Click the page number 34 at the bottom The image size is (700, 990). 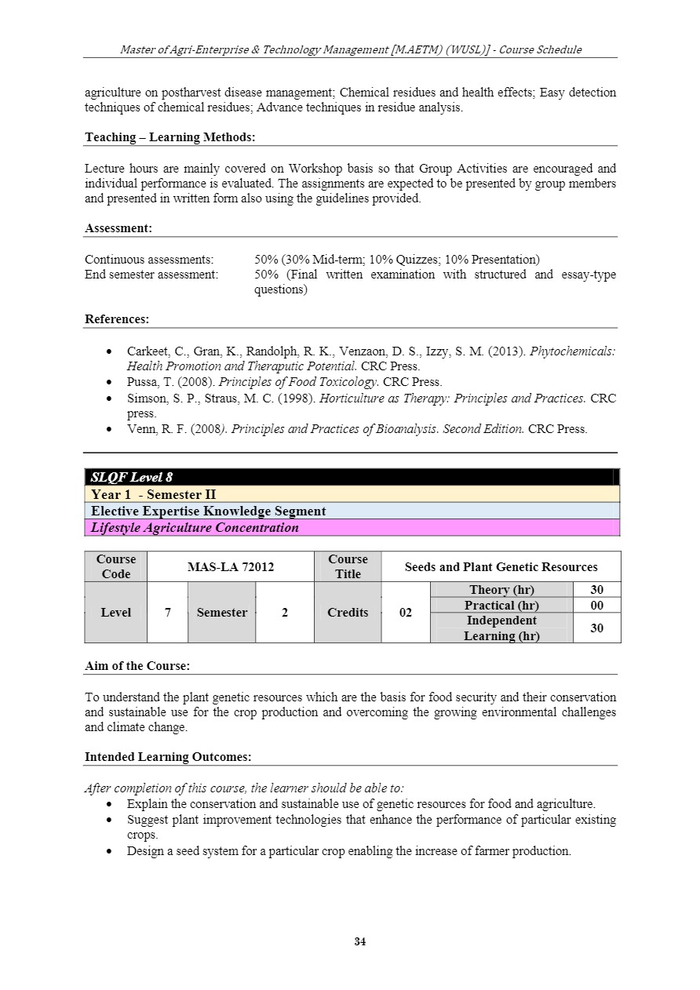[x=360, y=941]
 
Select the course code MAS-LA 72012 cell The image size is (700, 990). [x=231, y=566]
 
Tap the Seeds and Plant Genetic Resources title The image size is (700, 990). [x=501, y=566]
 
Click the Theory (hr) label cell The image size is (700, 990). [x=501, y=590]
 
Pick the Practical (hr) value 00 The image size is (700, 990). [x=596, y=606]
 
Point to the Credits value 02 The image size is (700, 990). [x=406, y=613]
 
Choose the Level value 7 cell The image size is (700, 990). [x=168, y=613]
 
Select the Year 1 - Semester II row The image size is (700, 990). [x=153, y=494]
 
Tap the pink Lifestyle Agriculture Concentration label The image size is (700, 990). [x=195, y=528]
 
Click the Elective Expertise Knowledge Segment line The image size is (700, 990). [x=208, y=511]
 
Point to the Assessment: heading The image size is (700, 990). [x=118, y=228]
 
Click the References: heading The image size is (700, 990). [x=117, y=319]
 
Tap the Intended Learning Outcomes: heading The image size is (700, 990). [x=168, y=757]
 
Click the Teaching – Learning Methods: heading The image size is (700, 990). [x=170, y=137]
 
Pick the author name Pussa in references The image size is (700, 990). [x=143, y=382]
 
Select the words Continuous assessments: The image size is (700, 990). [x=149, y=259]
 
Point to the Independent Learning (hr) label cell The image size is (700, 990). [x=501, y=628]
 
